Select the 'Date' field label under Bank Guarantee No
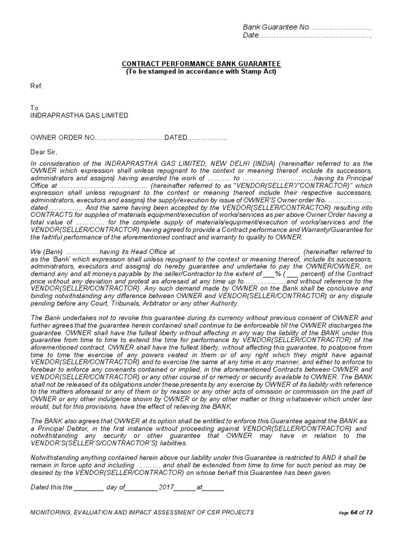coord(250,35)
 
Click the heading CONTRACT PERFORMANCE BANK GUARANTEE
coord(201,64)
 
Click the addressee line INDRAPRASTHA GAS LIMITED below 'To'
coord(79,115)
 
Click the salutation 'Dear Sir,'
coord(45,152)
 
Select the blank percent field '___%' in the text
coord(268,274)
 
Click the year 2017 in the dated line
coord(166,487)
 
